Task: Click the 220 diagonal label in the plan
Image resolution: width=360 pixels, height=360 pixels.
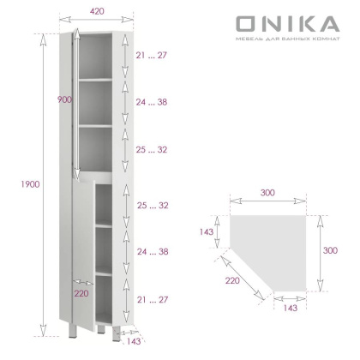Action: pos(231,280)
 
